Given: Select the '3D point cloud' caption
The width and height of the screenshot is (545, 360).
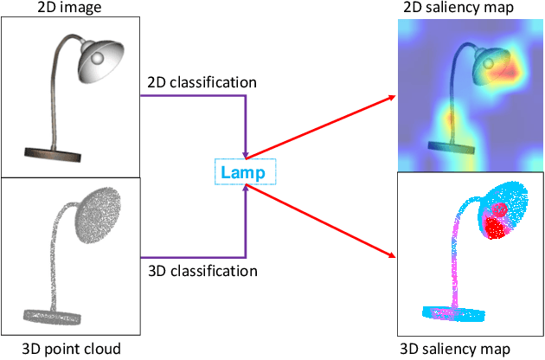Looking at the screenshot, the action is (x=67, y=350).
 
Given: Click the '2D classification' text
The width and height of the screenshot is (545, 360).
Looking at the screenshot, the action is (x=198, y=82).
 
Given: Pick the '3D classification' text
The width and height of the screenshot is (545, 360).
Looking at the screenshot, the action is (x=198, y=271).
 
